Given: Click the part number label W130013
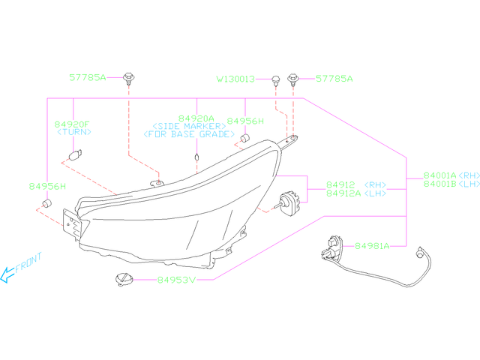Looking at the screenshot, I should (x=236, y=78).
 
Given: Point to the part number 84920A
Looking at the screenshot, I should (x=196, y=118).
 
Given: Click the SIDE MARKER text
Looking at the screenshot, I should (x=189, y=126).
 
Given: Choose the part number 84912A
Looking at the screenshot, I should (x=343, y=193).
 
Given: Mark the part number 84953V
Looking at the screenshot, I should (x=175, y=280).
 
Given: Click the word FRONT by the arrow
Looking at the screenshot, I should (x=29, y=264).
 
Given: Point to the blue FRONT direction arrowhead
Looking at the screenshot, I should (x=6, y=277).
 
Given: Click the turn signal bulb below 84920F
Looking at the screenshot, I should (x=73, y=155).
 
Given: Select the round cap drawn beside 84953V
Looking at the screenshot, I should (x=122, y=279).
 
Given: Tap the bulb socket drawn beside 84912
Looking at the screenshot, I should (x=288, y=201).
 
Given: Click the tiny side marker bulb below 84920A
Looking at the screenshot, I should (x=196, y=157).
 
